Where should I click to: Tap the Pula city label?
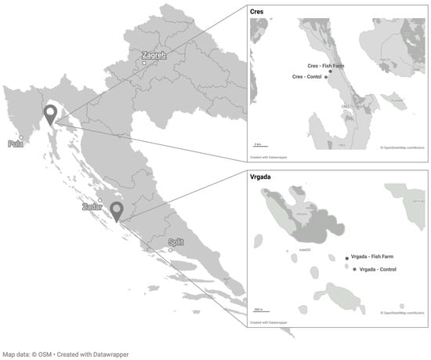tap(16, 144)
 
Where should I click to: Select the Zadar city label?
tap(91, 207)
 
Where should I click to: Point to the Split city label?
tap(176, 242)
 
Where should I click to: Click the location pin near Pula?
tap(50, 115)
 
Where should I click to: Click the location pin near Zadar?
tap(117, 211)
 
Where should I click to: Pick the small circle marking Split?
tap(171, 251)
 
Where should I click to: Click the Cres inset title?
tap(257, 13)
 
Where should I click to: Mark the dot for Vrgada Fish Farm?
tap(347, 257)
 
